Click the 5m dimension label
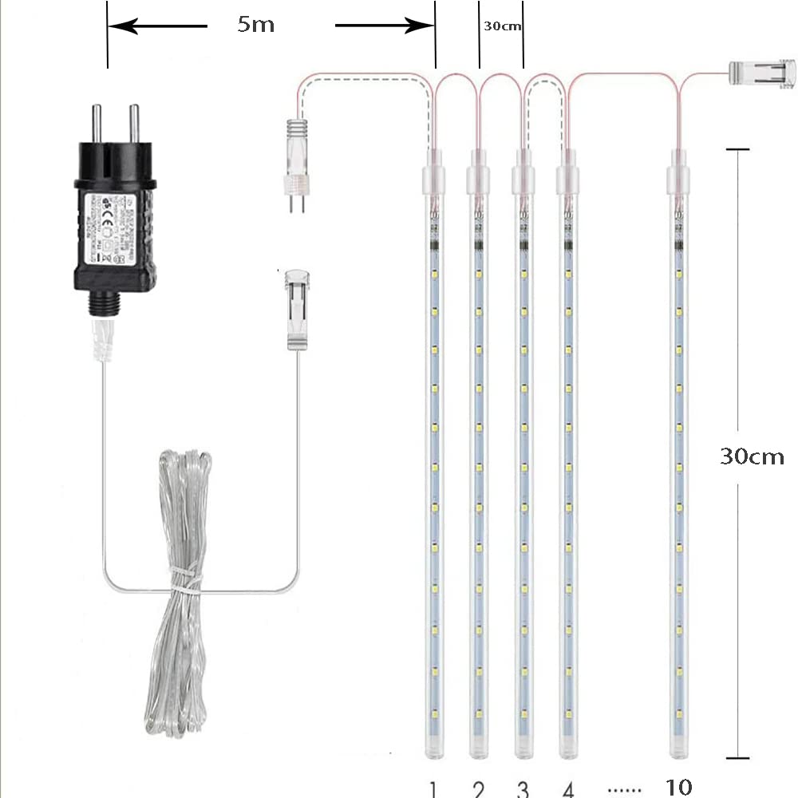point(255,24)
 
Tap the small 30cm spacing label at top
point(502,26)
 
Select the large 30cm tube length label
point(752,456)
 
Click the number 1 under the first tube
point(433,788)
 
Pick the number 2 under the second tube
point(479,788)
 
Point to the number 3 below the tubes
point(523,788)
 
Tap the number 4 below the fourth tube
point(568,788)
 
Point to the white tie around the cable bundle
point(184,579)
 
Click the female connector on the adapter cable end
point(298,309)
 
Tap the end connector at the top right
point(764,73)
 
